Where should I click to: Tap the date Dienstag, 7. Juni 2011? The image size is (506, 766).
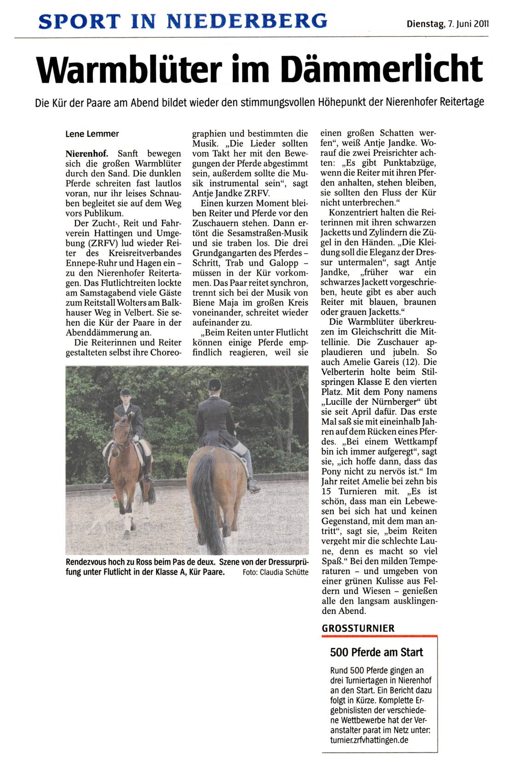447,23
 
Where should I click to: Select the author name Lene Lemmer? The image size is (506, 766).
92,134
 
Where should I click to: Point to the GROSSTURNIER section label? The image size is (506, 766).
358,628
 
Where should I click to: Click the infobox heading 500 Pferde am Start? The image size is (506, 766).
376,652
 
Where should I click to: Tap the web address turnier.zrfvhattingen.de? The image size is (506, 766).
369,740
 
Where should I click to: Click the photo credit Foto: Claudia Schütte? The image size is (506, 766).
275,572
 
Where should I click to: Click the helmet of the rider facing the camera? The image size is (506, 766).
125,392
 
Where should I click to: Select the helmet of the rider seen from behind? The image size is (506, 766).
214,384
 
